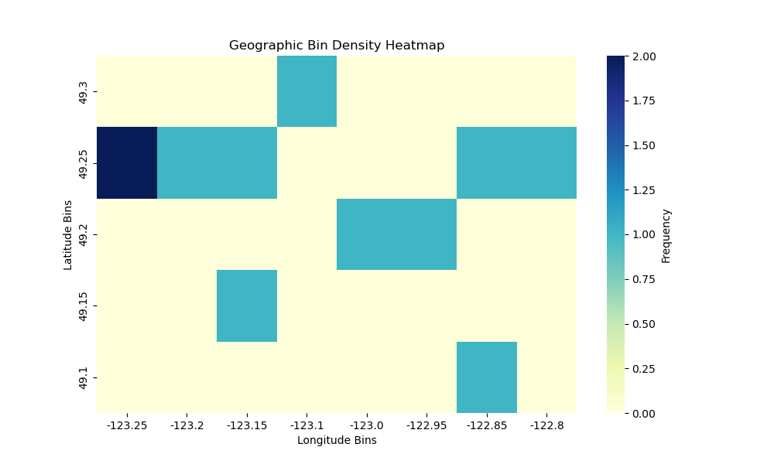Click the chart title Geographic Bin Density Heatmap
(x=337, y=46)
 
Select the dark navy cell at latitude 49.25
(x=127, y=162)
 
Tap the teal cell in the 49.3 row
(x=307, y=91)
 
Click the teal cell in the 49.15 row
(x=247, y=305)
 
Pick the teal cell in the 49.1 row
(x=487, y=377)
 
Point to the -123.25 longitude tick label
(x=127, y=425)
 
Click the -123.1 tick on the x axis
(x=307, y=425)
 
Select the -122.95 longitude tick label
(x=426, y=425)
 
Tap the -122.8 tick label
(x=546, y=425)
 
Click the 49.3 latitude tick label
(x=84, y=91)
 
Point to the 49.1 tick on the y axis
(x=84, y=377)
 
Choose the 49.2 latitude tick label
(x=84, y=234)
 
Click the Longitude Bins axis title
(x=337, y=440)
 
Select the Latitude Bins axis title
(x=68, y=234)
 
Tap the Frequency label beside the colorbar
(x=666, y=235)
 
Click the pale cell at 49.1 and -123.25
(x=127, y=377)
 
